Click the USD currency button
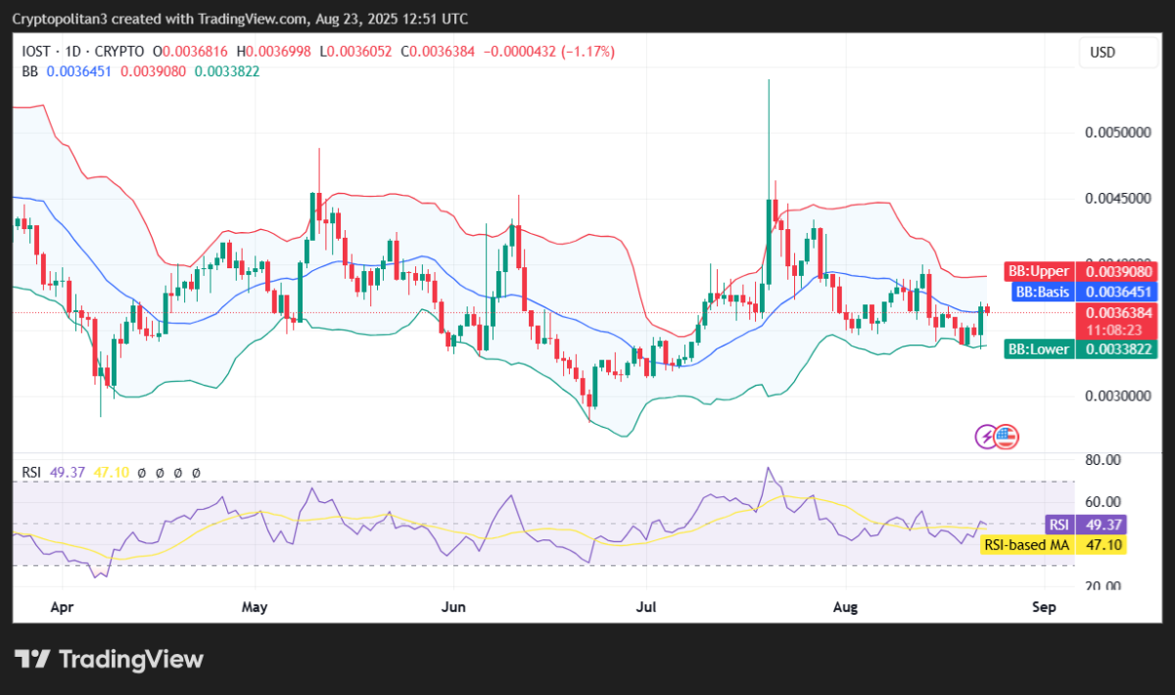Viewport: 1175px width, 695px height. [x=1103, y=53]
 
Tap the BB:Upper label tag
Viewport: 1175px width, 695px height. [x=1039, y=270]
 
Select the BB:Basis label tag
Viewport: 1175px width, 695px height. [x=1042, y=291]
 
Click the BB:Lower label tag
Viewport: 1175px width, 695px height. [x=1039, y=348]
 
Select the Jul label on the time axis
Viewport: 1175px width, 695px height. [x=645, y=608]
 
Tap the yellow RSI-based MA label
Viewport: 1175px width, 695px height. [x=1025, y=544]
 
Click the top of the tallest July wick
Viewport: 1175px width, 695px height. [x=769, y=81]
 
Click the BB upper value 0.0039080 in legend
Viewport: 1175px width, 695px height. [x=155, y=70]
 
